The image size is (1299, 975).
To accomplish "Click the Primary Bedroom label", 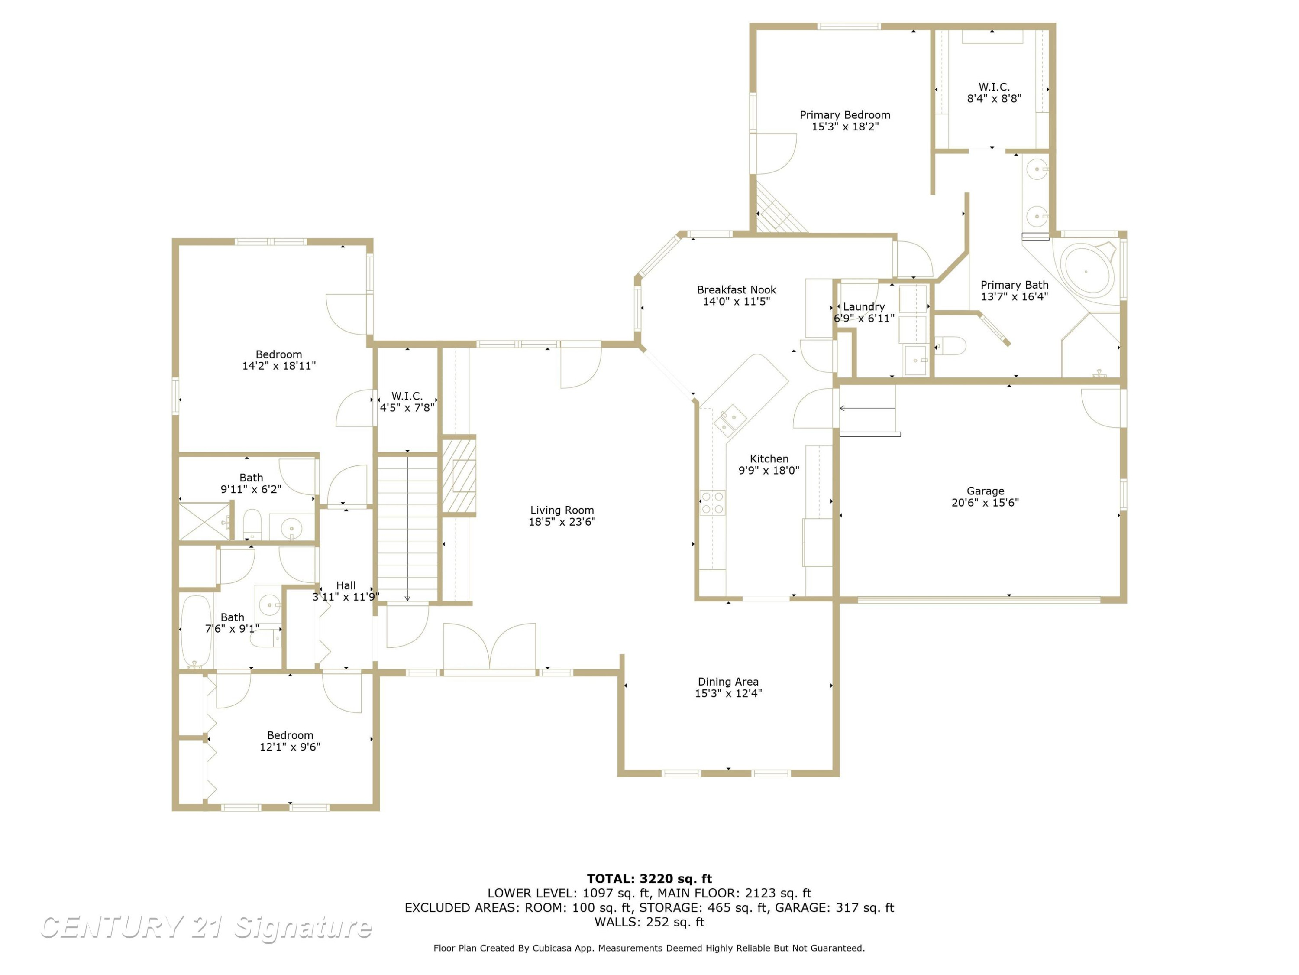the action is pyautogui.click(x=845, y=115).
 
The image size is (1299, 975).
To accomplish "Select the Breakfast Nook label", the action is pyautogui.click(x=737, y=290).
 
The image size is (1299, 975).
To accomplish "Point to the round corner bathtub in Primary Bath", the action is pyautogui.click(x=1087, y=272).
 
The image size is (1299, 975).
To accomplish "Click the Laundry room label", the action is pyautogui.click(x=863, y=307).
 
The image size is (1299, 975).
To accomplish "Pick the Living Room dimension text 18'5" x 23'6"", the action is pyautogui.click(x=562, y=522).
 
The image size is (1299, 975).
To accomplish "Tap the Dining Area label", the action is pyautogui.click(x=728, y=682).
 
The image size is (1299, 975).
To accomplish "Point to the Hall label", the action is pyautogui.click(x=346, y=585).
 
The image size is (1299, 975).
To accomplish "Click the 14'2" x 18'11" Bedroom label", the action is pyautogui.click(x=279, y=354).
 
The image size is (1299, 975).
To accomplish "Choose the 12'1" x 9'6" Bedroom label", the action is pyautogui.click(x=290, y=735).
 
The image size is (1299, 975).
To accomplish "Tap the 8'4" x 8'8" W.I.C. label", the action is pyautogui.click(x=994, y=87).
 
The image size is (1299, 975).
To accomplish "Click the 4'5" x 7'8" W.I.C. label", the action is pyautogui.click(x=407, y=396).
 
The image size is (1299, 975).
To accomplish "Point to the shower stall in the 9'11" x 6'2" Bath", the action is pyautogui.click(x=204, y=521).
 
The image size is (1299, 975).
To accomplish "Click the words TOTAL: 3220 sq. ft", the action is pyautogui.click(x=649, y=879).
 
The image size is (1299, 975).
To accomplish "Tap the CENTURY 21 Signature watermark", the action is pyautogui.click(x=206, y=927).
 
